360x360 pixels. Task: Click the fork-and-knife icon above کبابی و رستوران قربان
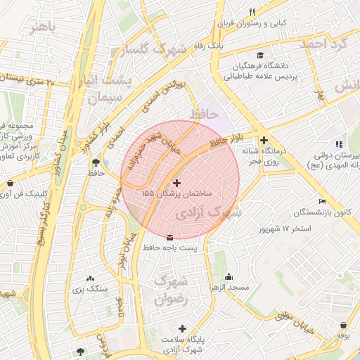point(252,11)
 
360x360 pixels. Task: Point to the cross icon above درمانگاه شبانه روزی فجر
point(264,140)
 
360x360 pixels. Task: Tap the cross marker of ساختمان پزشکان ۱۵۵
point(176,182)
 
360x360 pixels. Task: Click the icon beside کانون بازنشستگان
point(322,202)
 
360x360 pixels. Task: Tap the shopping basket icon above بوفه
point(343,326)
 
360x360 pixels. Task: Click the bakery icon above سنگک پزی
point(90,278)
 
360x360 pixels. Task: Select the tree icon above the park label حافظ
point(93,161)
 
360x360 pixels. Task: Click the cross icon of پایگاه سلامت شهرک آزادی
point(183,328)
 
